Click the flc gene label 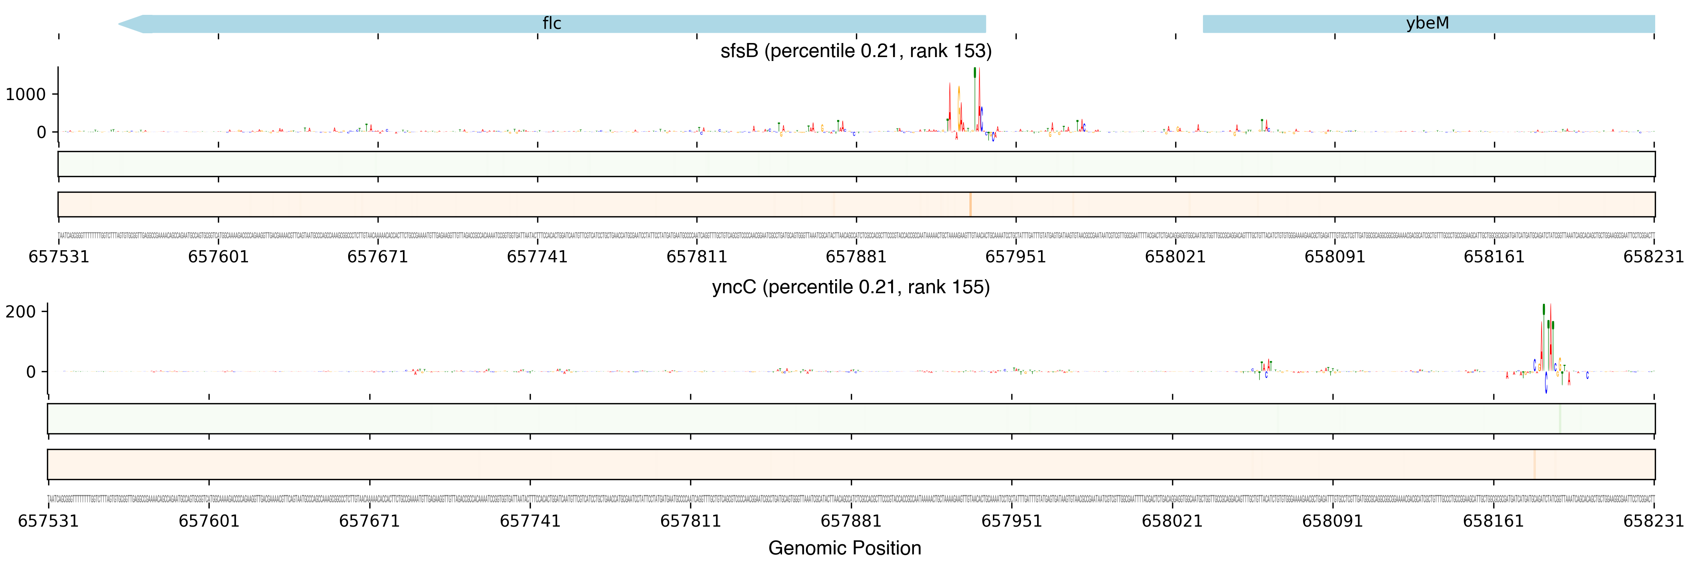tap(551, 23)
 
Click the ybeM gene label tap(1427, 23)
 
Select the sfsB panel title tap(856, 51)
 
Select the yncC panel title tap(850, 287)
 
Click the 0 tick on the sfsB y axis tap(41, 133)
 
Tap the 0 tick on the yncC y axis tap(31, 372)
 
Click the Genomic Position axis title tap(844, 548)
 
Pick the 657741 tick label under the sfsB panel tap(537, 257)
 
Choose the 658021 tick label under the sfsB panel tap(1175, 257)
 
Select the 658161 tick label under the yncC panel tap(1493, 521)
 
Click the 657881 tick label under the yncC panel tap(851, 521)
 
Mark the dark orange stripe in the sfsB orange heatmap tap(970, 204)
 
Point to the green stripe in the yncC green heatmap tap(1559, 419)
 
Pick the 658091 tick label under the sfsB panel tap(1334, 257)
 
